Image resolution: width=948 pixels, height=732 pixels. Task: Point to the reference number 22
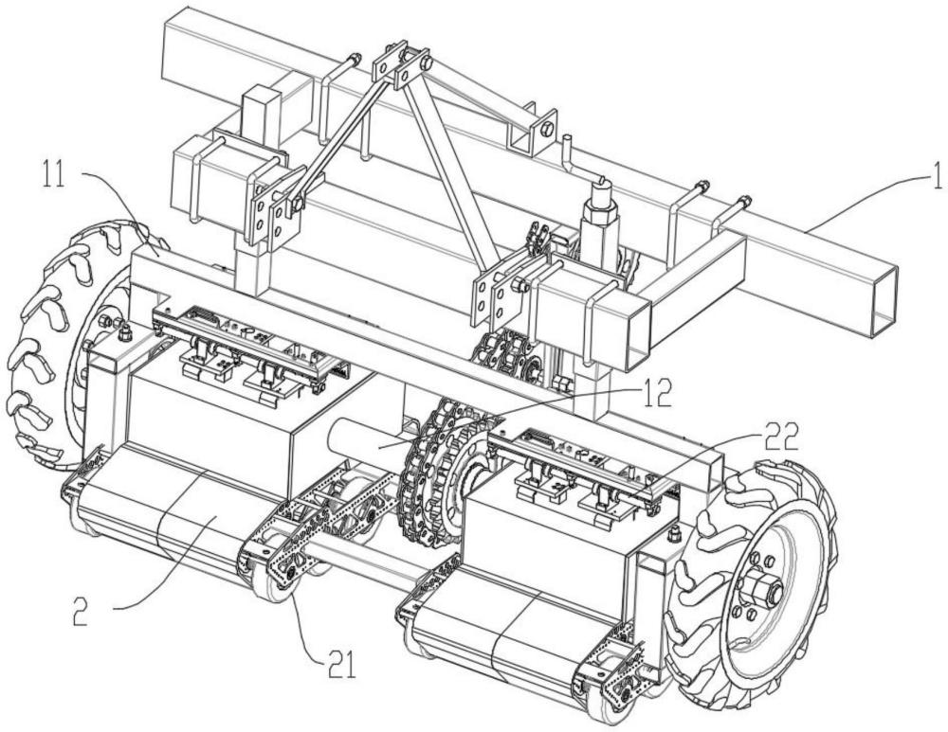tap(780, 439)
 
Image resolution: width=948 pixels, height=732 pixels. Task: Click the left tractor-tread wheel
tap(66, 345)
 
